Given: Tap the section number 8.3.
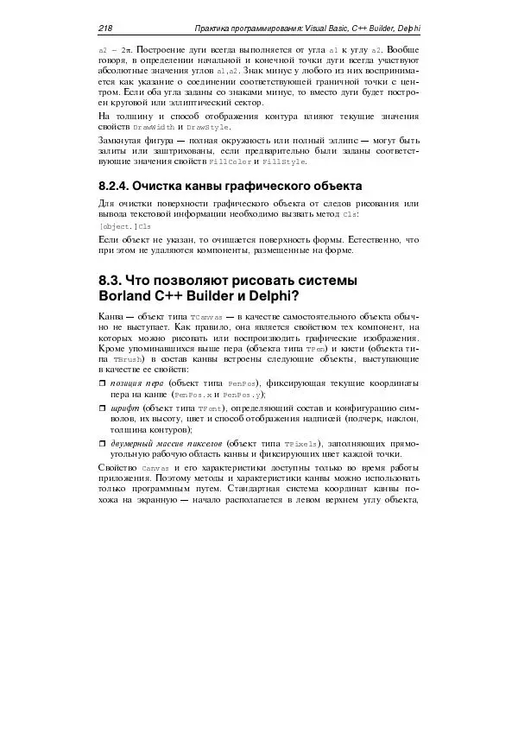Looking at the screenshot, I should [x=111, y=281].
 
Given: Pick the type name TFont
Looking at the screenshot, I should [x=209, y=408].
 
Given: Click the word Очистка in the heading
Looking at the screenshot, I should [x=176, y=187].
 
